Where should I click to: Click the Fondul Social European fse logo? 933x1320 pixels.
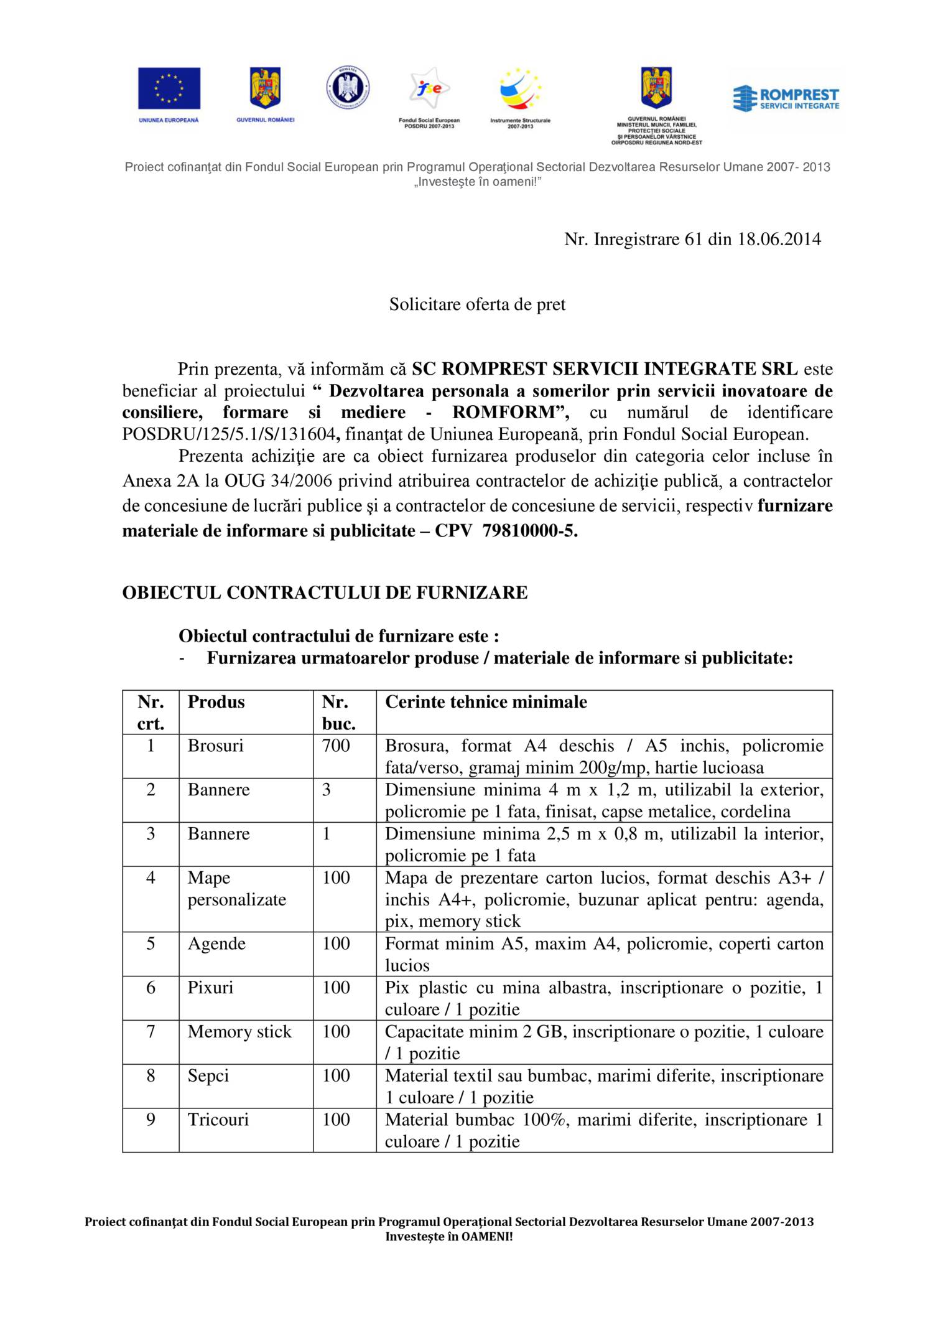(429, 89)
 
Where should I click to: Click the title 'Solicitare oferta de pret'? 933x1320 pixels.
(477, 304)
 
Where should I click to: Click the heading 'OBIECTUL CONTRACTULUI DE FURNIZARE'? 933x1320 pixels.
(325, 592)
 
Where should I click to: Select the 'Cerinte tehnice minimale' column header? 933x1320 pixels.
(486, 702)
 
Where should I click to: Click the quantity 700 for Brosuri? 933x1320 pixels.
(336, 746)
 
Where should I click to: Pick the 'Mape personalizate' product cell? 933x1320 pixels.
(236, 888)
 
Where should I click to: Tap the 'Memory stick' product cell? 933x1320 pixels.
(239, 1032)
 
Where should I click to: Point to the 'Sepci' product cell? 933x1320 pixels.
(208, 1076)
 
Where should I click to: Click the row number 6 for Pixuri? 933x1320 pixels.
(151, 988)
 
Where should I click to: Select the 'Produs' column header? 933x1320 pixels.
(216, 702)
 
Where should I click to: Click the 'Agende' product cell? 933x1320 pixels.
(216, 943)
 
